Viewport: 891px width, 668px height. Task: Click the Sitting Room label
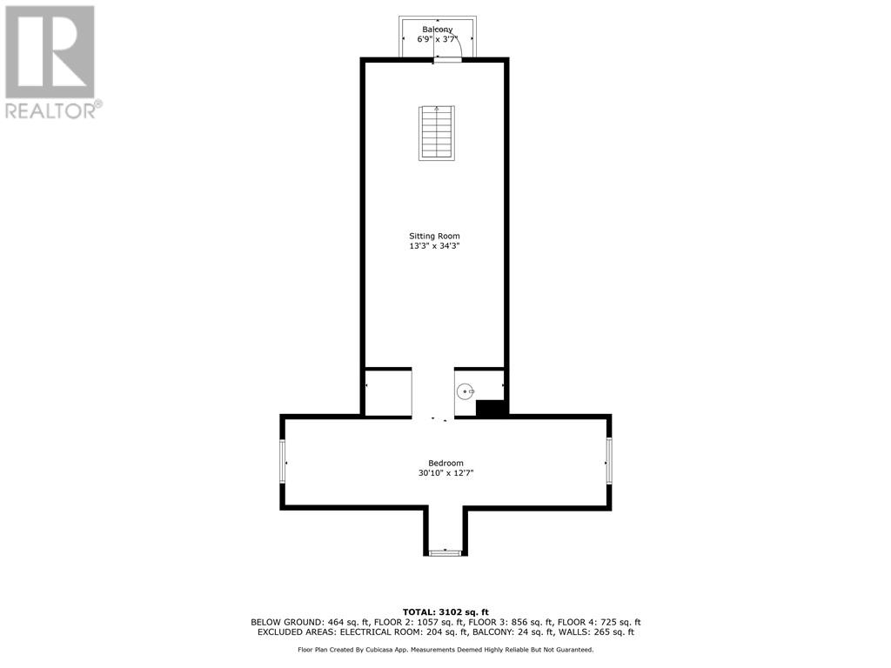coord(434,236)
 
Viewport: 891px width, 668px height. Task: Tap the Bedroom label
coord(445,463)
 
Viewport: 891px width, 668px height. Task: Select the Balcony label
coord(437,30)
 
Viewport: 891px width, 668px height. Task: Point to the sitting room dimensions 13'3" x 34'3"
coord(434,246)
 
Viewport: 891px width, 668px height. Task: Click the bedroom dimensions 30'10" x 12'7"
coord(445,472)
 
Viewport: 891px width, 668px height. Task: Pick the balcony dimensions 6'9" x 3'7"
coord(437,39)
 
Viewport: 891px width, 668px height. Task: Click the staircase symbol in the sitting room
coord(437,133)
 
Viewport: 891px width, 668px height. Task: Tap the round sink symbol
coord(466,391)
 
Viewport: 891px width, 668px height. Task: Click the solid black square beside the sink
coord(491,409)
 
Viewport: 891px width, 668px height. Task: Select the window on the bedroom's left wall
coord(283,463)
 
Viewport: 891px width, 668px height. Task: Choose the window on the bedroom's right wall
coord(608,461)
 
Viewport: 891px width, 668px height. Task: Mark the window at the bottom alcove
coord(445,552)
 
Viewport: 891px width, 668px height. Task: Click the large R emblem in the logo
coord(50,51)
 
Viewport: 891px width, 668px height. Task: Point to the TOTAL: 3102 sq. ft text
coord(445,611)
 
